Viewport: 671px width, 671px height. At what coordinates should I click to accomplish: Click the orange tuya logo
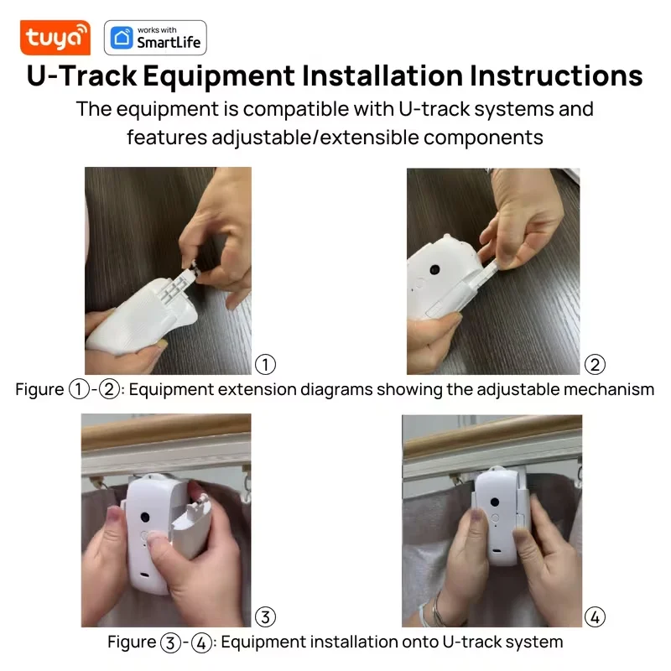(55, 38)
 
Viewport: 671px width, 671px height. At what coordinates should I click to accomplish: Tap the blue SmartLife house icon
(122, 38)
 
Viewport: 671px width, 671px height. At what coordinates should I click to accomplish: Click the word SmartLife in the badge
(169, 43)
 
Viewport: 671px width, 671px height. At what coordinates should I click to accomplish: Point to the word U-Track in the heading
(81, 75)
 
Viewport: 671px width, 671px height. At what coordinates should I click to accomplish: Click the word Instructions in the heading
(556, 75)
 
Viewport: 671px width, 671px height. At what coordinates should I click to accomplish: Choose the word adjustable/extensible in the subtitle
(315, 138)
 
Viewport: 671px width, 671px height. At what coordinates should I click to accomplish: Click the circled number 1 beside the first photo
(265, 365)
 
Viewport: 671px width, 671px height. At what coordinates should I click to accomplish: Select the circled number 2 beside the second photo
(595, 365)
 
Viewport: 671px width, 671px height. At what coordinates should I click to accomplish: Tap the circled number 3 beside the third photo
(265, 617)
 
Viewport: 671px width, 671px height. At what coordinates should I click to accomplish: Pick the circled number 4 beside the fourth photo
(595, 617)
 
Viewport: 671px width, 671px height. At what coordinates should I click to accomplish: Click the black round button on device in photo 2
(434, 269)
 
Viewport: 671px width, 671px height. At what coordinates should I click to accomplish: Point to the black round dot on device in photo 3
(145, 517)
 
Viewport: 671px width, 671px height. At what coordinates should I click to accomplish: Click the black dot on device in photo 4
(495, 502)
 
